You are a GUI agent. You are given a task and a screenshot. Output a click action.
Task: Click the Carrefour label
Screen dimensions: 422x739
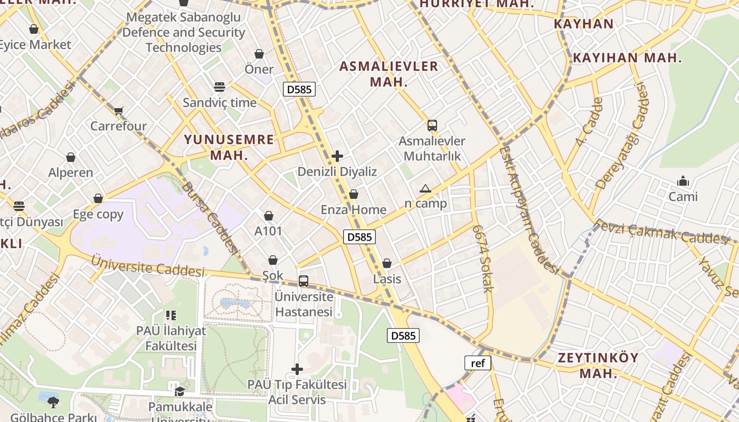118,126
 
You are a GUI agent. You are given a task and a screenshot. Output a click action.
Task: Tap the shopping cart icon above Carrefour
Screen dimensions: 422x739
118,111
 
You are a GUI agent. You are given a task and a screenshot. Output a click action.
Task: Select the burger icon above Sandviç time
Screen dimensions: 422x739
220,87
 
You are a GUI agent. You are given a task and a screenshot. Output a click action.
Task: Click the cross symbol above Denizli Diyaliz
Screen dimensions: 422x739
337,156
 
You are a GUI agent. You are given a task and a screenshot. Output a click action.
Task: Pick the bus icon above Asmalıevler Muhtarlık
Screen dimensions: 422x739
432,126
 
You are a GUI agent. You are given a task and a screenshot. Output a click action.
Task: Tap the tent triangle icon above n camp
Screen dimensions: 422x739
425,188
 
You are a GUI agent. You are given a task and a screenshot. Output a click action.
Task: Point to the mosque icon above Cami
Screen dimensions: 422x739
683,181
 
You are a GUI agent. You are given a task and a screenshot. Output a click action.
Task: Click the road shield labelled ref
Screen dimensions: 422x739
478,363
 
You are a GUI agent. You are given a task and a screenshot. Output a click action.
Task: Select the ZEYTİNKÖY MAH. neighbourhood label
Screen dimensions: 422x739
599,365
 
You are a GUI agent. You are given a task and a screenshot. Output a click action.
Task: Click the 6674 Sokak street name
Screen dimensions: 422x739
482,258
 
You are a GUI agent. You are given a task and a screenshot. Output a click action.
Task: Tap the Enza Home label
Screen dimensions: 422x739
354,209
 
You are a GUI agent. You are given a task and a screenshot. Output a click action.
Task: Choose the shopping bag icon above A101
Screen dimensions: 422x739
269,216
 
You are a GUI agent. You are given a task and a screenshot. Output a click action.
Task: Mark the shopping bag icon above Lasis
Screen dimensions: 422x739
387,263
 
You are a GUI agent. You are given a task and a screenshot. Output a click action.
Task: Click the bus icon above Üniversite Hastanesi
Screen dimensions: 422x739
304,281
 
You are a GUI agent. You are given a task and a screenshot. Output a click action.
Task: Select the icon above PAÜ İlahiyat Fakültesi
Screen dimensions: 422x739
170,315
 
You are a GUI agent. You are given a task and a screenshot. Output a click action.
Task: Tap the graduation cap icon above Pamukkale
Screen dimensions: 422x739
180,391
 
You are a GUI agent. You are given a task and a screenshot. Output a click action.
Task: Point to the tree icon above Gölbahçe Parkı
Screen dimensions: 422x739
53,402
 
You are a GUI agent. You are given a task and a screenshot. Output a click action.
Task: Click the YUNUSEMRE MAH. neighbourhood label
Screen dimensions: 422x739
229,147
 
